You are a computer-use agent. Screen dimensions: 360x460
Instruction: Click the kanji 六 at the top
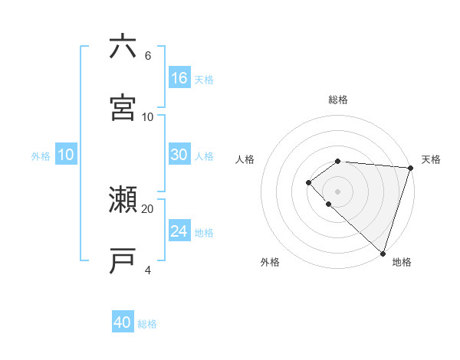point(123,47)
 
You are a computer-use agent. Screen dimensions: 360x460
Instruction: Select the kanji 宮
point(123,108)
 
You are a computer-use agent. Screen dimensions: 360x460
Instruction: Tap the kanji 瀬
point(123,201)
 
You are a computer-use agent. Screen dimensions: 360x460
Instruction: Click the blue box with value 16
point(179,77)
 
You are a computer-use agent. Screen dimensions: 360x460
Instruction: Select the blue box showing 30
point(179,155)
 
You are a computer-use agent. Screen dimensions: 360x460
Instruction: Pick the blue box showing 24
point(179,231)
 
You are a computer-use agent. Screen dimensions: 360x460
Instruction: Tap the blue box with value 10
point(66,155)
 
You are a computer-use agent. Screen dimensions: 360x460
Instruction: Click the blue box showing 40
point(123,322)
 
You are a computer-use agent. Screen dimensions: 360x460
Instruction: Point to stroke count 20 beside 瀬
point(147,208)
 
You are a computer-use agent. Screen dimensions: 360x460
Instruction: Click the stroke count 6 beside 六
point(147,55)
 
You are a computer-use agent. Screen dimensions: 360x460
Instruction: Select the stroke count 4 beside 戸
point(147,270)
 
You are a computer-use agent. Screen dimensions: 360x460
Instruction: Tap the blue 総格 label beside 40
point(148,324)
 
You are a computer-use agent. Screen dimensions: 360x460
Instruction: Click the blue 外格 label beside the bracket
point(41,155)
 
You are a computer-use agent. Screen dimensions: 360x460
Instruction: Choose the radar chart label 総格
point(338,100)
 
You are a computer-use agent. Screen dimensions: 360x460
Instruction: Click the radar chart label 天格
point(431,159)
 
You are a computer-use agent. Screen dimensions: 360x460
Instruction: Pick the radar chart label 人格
point(245,159)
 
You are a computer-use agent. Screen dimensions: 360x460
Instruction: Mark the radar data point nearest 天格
point(410,168)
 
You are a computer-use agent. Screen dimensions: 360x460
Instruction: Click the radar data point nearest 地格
point(383,253)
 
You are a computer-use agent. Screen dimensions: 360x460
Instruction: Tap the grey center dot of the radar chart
point(338,191)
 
